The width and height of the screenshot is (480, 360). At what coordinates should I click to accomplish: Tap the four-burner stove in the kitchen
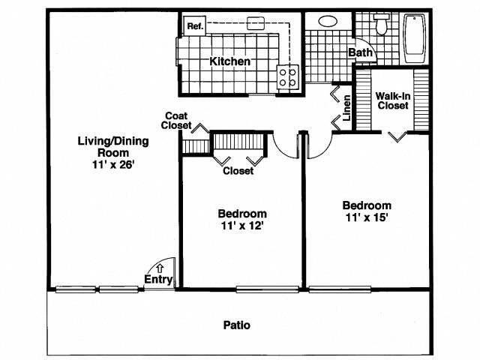288,75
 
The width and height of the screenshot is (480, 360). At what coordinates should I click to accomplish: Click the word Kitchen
229,61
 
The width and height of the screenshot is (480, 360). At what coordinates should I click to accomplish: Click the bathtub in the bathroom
415,37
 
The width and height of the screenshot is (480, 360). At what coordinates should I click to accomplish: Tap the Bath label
360,53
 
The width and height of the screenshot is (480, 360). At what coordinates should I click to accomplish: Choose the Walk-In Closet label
392,100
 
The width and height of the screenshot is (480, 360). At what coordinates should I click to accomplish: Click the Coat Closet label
178,120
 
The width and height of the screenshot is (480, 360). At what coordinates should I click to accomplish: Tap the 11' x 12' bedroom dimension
242,225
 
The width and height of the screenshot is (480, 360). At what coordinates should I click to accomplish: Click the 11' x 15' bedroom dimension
367,218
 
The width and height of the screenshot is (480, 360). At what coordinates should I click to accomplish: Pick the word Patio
237,325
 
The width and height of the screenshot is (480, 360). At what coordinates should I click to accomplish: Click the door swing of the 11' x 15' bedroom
319,146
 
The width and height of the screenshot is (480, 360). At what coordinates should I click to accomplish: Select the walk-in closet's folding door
399,135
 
